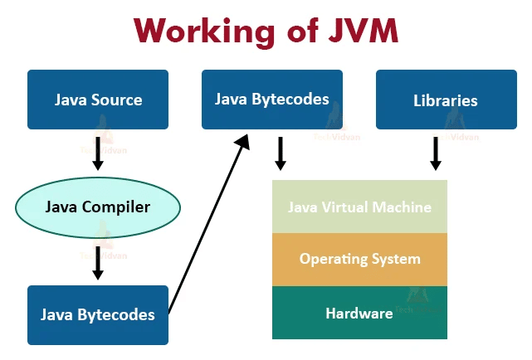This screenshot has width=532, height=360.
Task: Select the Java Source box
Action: coord(98,100)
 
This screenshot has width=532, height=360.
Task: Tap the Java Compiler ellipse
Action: coord(98,207)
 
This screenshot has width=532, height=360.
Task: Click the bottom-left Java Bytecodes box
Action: coord(98,314)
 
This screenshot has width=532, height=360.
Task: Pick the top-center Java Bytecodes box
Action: coord(271,100)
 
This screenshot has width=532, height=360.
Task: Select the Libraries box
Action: coord(446,100)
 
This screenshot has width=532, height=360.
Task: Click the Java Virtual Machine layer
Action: coord(359,207)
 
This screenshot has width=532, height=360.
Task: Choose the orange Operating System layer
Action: coord(359,259)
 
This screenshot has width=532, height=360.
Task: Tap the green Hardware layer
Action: coord(359,313)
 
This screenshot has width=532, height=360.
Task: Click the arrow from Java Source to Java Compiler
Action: coord(98,153)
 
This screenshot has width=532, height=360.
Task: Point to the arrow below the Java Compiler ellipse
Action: coord(98,261)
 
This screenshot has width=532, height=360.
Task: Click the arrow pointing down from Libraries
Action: coord(436,153)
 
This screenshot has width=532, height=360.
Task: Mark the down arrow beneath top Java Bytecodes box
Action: coord(281,153)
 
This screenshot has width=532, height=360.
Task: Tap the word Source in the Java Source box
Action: coord(117,100)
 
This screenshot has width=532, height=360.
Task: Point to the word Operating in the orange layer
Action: coord(330,259)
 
